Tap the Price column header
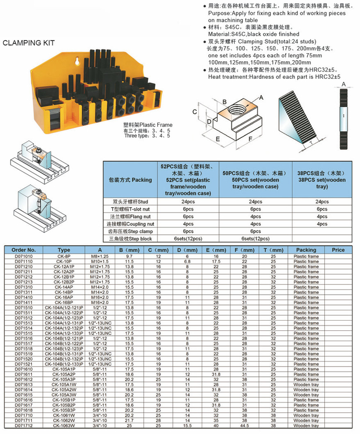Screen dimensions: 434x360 338,250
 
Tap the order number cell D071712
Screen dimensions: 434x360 23,426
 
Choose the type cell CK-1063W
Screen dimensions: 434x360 64,426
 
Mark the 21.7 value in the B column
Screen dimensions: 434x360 130,421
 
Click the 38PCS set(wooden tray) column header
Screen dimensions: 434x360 322,175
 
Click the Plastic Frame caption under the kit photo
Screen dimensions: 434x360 143,124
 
